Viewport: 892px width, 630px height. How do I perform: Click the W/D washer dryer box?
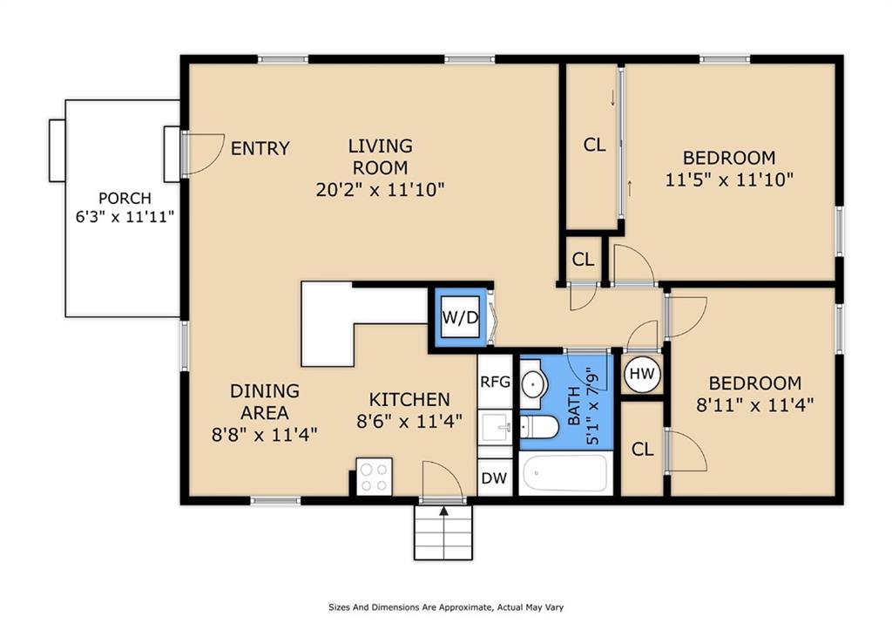click(459, 318)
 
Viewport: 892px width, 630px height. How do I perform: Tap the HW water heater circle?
click(642, 374)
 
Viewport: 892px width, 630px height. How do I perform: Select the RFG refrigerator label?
click(495, 381)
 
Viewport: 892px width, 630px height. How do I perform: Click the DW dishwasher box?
click(494, 478)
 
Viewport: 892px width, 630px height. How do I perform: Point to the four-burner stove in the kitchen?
click(374, 476)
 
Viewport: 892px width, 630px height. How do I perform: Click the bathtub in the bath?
click(564, 472)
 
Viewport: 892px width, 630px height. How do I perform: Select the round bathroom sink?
click(533, 383)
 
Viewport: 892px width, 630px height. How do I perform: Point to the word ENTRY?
click(260, 148)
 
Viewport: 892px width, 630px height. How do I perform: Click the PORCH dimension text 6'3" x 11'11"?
click(125, 215)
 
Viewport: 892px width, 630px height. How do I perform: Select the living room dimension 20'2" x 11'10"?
click(381, 189)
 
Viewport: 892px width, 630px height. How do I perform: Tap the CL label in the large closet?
click(594, 146)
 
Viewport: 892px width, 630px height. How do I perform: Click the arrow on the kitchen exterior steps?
click(443, 511)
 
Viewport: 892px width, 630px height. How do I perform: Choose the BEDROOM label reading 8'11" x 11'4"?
click(753, 405)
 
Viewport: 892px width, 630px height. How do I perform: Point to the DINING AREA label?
click(265, 402)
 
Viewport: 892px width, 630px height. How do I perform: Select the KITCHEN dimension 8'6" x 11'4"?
click(410, 422)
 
